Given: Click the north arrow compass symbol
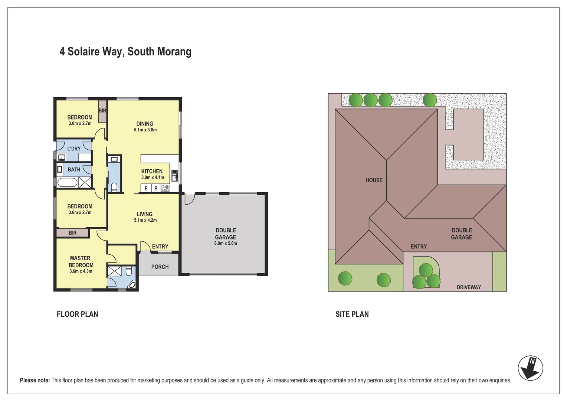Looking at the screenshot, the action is click(530, 368).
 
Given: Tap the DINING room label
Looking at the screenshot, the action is click(145, 124).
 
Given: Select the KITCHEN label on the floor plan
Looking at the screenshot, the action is click(152, 171).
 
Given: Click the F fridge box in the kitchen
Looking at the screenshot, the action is click(146, 188).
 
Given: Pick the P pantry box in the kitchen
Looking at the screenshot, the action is click(156, 188).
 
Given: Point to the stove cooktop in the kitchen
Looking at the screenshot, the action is click(165, 188).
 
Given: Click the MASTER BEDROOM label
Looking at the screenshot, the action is click(81, 262).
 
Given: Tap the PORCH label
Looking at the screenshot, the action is click(160, 267).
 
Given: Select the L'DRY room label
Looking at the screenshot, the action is click(74, 149).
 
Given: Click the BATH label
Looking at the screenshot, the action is click(74, 169).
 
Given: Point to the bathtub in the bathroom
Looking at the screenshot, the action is click(67, 182).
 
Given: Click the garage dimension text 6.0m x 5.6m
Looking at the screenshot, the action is click(226, 244).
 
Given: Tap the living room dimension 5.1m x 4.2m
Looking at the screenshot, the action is click(145, 221).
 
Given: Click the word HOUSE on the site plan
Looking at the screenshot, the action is click(374, 180).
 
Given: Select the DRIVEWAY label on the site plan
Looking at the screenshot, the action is click(469, 287).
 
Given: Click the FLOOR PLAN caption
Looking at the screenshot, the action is click(77, 314).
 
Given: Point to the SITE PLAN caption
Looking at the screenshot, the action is click(352, 314).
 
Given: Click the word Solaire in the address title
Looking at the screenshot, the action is click(83, 52).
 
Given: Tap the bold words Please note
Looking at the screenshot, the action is click(35, 380).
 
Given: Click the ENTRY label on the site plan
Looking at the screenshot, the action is click(419, 247).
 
